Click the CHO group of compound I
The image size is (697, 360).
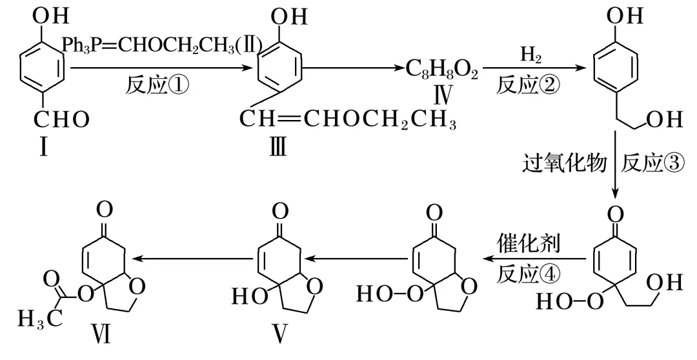point(63,120)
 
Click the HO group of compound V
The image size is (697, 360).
point(247,296)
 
